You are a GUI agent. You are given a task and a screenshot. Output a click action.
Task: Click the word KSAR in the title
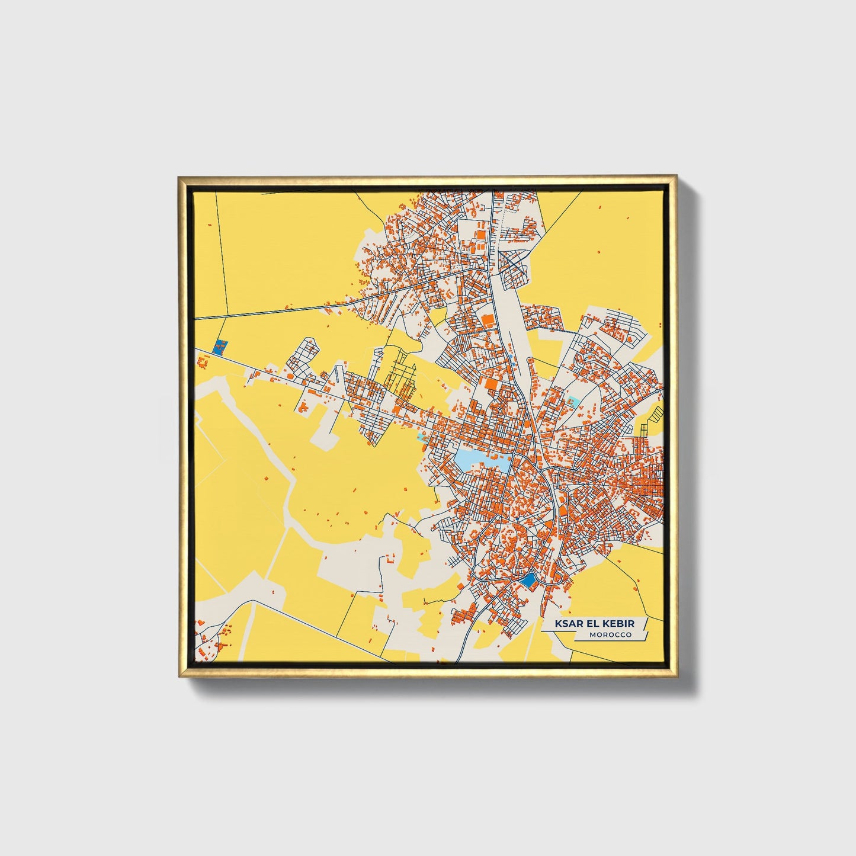(568, 624)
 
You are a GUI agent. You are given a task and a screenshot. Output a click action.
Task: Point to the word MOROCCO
(610, 635)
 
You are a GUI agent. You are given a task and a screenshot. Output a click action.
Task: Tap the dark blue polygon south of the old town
(527, 581)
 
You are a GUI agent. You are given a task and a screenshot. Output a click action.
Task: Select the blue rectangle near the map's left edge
(220, 346)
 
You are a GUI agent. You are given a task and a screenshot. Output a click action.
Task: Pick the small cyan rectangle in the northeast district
(573, 401)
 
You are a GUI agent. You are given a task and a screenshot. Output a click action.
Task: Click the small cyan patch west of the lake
(422, 437)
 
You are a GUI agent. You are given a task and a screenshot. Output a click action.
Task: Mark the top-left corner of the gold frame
(178, 177)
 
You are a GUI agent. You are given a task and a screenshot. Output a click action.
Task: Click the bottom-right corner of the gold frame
(677, 677)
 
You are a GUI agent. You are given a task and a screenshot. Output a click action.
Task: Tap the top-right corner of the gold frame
(677, 176)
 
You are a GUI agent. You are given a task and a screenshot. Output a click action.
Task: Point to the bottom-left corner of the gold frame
(179, 677)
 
